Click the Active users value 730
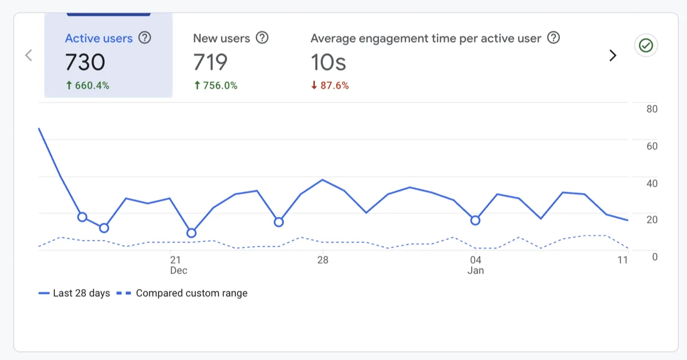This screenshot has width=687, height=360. click(x=85, y=62)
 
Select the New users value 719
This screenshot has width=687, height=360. click(x=210, y=62)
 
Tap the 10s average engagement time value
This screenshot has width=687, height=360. click(x=329, y=62)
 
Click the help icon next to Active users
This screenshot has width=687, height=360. click(x=145, y=38)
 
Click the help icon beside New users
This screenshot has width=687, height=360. click(x=262, y=38)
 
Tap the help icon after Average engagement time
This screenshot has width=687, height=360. click(x=553, y=38)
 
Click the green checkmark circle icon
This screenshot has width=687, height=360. click(x=646, y=46)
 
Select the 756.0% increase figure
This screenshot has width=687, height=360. click(x=215, y=86)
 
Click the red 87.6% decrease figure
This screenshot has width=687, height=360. click(x=330, y=86)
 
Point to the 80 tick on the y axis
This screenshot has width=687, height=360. click(x=652, y=109)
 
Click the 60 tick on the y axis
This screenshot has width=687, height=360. click(x=652, y=147)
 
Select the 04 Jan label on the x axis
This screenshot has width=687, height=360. click(x=475, y=265)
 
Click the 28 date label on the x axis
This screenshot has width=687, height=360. click(x=323, y=260)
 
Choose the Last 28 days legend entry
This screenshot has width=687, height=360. click(x=74, y=293)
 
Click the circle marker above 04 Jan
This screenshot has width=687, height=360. click(x=475, y=220)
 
